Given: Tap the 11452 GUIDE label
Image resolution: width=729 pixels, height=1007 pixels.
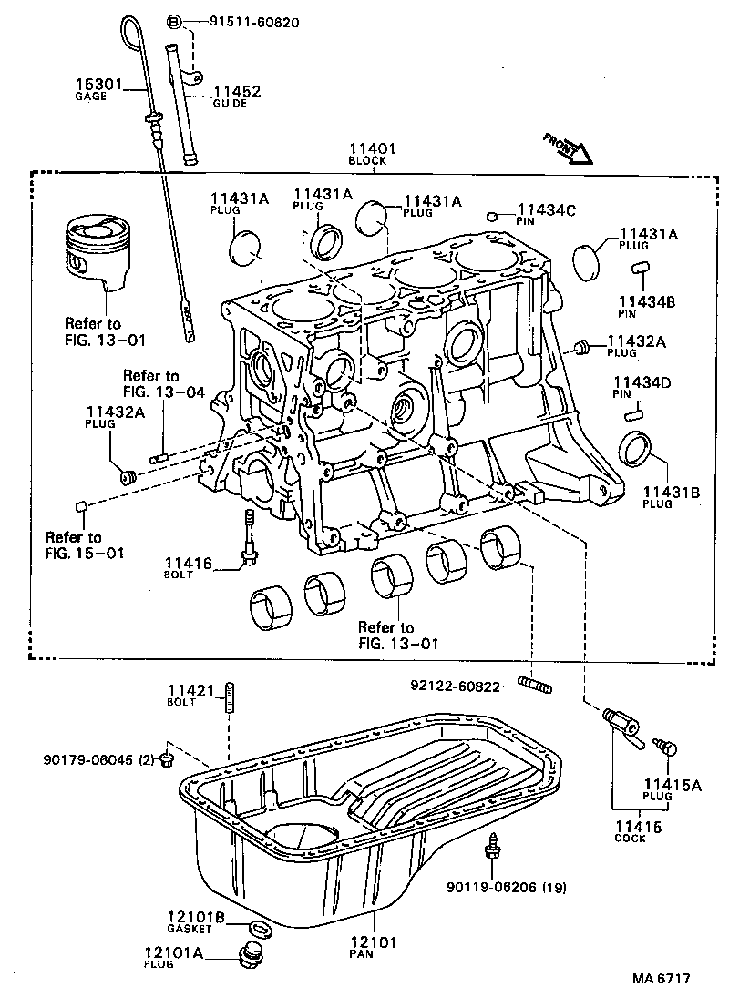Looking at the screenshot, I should click(x=237, y=97).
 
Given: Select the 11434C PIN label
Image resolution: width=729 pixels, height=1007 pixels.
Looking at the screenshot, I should click(x=546, y=215).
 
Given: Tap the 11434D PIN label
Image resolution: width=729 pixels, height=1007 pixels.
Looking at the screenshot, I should click(x=642, y=388).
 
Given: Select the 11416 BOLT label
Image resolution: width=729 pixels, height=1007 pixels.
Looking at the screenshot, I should click(x=188, y=568).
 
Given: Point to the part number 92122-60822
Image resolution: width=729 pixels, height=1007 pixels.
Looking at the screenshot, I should click(x=454, y=687).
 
